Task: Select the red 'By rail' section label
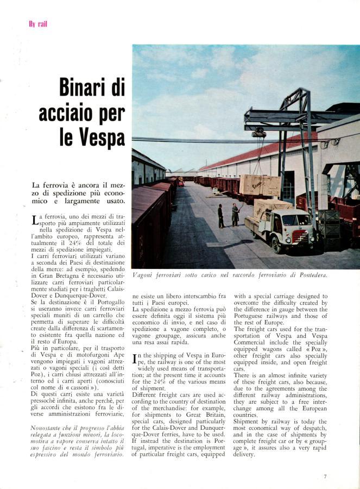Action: pos(37,23)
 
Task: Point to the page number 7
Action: pos(325,476)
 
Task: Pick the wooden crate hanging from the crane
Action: pos(260,185)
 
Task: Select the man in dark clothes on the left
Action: pos(221,215)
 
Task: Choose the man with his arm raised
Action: pos(235,214)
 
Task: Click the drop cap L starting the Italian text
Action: pos(35,220)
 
